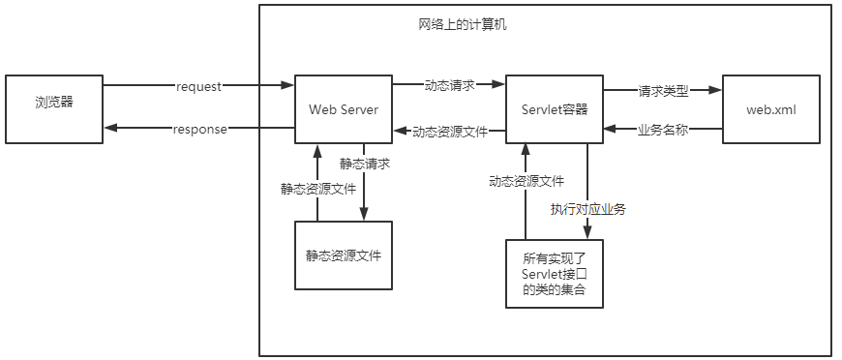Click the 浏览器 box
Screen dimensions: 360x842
pos(53,107)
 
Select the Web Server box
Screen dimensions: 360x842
pos(344,108)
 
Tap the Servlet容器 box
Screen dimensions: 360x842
pos(555,108)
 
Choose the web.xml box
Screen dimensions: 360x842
pos(770,108)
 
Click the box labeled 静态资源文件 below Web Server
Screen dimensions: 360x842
pos(344,255)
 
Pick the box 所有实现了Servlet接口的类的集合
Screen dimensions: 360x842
pos(555,274)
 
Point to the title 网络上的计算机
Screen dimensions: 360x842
pos(456,24)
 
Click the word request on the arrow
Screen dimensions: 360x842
pos(199,86)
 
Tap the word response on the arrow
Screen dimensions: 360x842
pos(199,130)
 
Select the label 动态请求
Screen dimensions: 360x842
pos(449,85)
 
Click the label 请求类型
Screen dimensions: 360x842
pos(663,91)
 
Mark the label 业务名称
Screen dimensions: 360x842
pos(663,130)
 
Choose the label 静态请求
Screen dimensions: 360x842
pos(365,164)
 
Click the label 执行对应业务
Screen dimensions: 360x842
pos(587,209)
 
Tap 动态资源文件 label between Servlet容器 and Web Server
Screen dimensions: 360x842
pos(449,131)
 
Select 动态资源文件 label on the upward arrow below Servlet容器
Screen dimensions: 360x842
pos(526,180)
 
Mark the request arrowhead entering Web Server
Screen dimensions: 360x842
pos(288,86)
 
